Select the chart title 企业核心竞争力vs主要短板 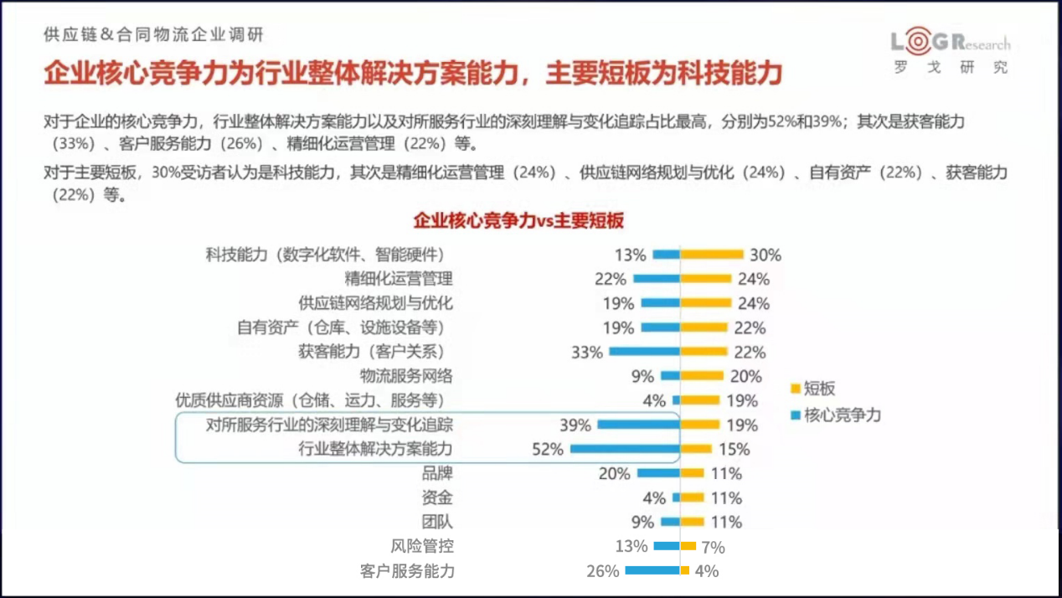point(518,221)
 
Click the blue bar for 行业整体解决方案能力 point(625,449)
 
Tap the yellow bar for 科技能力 point(712,255)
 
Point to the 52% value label point(547,450)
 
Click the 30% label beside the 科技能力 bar point(765,255)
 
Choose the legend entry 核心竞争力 point(842,415)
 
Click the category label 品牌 point(437,473)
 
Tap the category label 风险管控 point(422,546)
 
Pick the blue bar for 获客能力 point(644,352)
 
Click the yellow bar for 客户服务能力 point(685,570)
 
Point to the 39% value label point(575,425)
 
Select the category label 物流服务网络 point(406,376)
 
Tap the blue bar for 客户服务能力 point(652,570)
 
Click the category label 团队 point(437,522)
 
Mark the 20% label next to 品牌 point(614,474)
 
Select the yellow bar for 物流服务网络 point(702,376)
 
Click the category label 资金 point(437,497)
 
